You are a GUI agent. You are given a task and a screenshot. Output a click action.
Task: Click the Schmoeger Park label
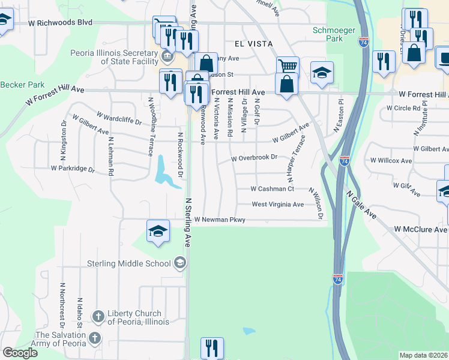pyautogui.click(x=328, y=34)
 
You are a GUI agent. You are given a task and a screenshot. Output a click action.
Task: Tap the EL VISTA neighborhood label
pyautogui.click(x=253, y=44)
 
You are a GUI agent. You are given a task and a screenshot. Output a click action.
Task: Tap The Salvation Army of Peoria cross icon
pyautogui.click(x=94, y=339)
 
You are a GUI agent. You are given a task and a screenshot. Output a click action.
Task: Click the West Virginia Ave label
pyautogui.click(x=277, y=205)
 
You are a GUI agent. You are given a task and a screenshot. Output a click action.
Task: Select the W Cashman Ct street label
pyautogui.click(x=273, y=189)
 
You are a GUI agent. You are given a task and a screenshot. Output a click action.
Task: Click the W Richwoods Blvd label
pyautogui.click(x=60, y=22)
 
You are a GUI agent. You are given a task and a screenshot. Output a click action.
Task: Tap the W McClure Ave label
pyautogui.click(x=420, y=230)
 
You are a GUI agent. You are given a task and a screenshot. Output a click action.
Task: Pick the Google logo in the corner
pyautogui.click(x=20, y=353)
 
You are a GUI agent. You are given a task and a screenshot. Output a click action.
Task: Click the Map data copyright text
pyautogui.click(x=424, y=355)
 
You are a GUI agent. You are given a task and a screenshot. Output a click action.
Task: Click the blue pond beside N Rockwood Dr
pyautogui.click(x=163, y=170)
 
